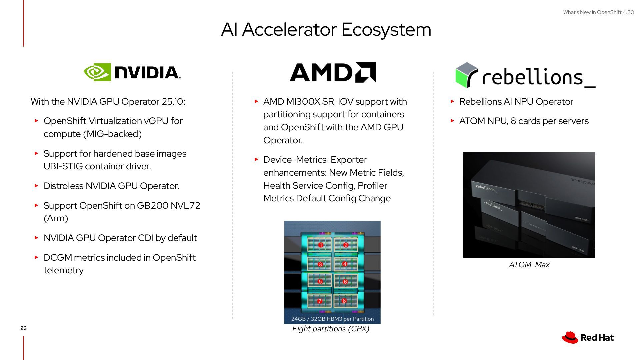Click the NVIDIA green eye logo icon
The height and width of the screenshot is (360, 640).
pyautogui.click(x=97, y=72)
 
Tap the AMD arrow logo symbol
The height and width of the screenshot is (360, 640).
pyautogui.click(x=365, y=72)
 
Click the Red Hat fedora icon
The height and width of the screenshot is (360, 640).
pyautogui.click(x=570, y=337)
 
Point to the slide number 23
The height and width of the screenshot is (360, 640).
pyautogui.click(x=23, y=328)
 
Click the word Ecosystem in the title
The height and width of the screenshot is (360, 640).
pyautogui.click(x=386, y=30)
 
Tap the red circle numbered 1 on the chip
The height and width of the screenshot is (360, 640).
pyautogui.click(x=321, y=245)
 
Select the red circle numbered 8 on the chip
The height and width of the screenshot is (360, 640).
pyautogui.click(x=344, y=301)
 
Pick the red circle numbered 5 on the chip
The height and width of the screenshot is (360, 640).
pyautogui.click(x=320, y=282)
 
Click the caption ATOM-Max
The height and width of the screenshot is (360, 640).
pyautogui.click(x=529, y=265)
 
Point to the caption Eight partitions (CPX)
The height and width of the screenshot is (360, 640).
pyautogui.click(x=331, y=329)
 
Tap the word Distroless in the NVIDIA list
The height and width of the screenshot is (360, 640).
pyautogui.click(x=63, y=186)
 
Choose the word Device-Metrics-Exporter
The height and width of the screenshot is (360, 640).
pyautogui.click(x=315, y=160)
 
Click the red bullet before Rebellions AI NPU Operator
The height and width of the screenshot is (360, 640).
pyautogui.click(x=452, y=101)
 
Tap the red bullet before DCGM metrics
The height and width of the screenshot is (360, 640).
pyautogui.click(x=37, y=257)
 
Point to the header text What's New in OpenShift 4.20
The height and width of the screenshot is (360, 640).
pyautogui.click(x=598, y=12)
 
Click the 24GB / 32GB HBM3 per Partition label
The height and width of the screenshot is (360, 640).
pyautogui.click(x=332, y=319)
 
